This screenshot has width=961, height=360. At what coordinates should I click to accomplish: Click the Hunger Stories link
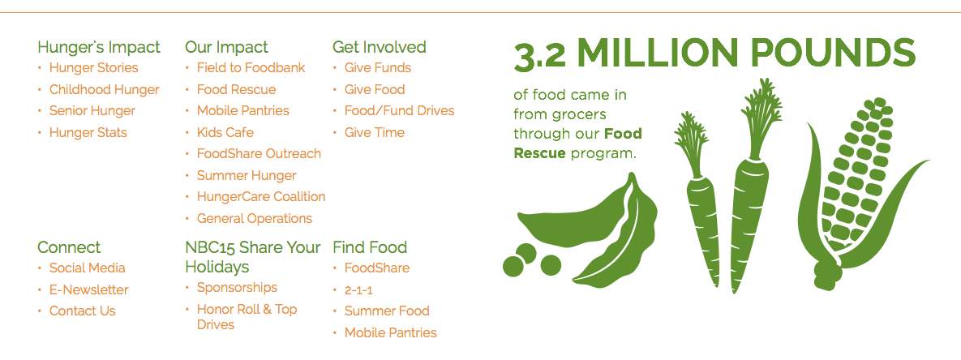[94, 68]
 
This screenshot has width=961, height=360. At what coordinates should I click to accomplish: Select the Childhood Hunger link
[104, 89]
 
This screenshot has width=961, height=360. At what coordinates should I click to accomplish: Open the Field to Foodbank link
[251, 68]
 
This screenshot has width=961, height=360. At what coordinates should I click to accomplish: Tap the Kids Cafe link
[225, 132]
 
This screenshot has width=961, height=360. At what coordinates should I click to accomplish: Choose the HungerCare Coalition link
[261, 196]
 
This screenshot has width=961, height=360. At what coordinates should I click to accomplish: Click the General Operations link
[255, 219]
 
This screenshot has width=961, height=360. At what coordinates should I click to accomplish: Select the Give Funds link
[378, 68]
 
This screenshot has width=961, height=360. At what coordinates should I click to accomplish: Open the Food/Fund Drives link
[400, 111]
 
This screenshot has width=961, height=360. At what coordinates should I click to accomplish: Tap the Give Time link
[375, 132]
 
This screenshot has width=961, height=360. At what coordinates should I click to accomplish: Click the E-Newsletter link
[89, 289]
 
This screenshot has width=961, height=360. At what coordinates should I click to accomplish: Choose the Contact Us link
[82, 311]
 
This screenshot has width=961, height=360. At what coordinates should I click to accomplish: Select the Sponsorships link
[237, 288]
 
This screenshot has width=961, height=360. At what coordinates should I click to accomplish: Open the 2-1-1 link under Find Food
[358, 289]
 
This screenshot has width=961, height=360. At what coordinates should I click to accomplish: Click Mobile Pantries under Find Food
[390, 333]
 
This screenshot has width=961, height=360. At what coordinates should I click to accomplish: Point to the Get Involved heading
[380, 47]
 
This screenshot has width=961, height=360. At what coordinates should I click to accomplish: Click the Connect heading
[69, 247]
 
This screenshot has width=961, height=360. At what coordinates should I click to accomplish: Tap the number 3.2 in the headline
[539, 56]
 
